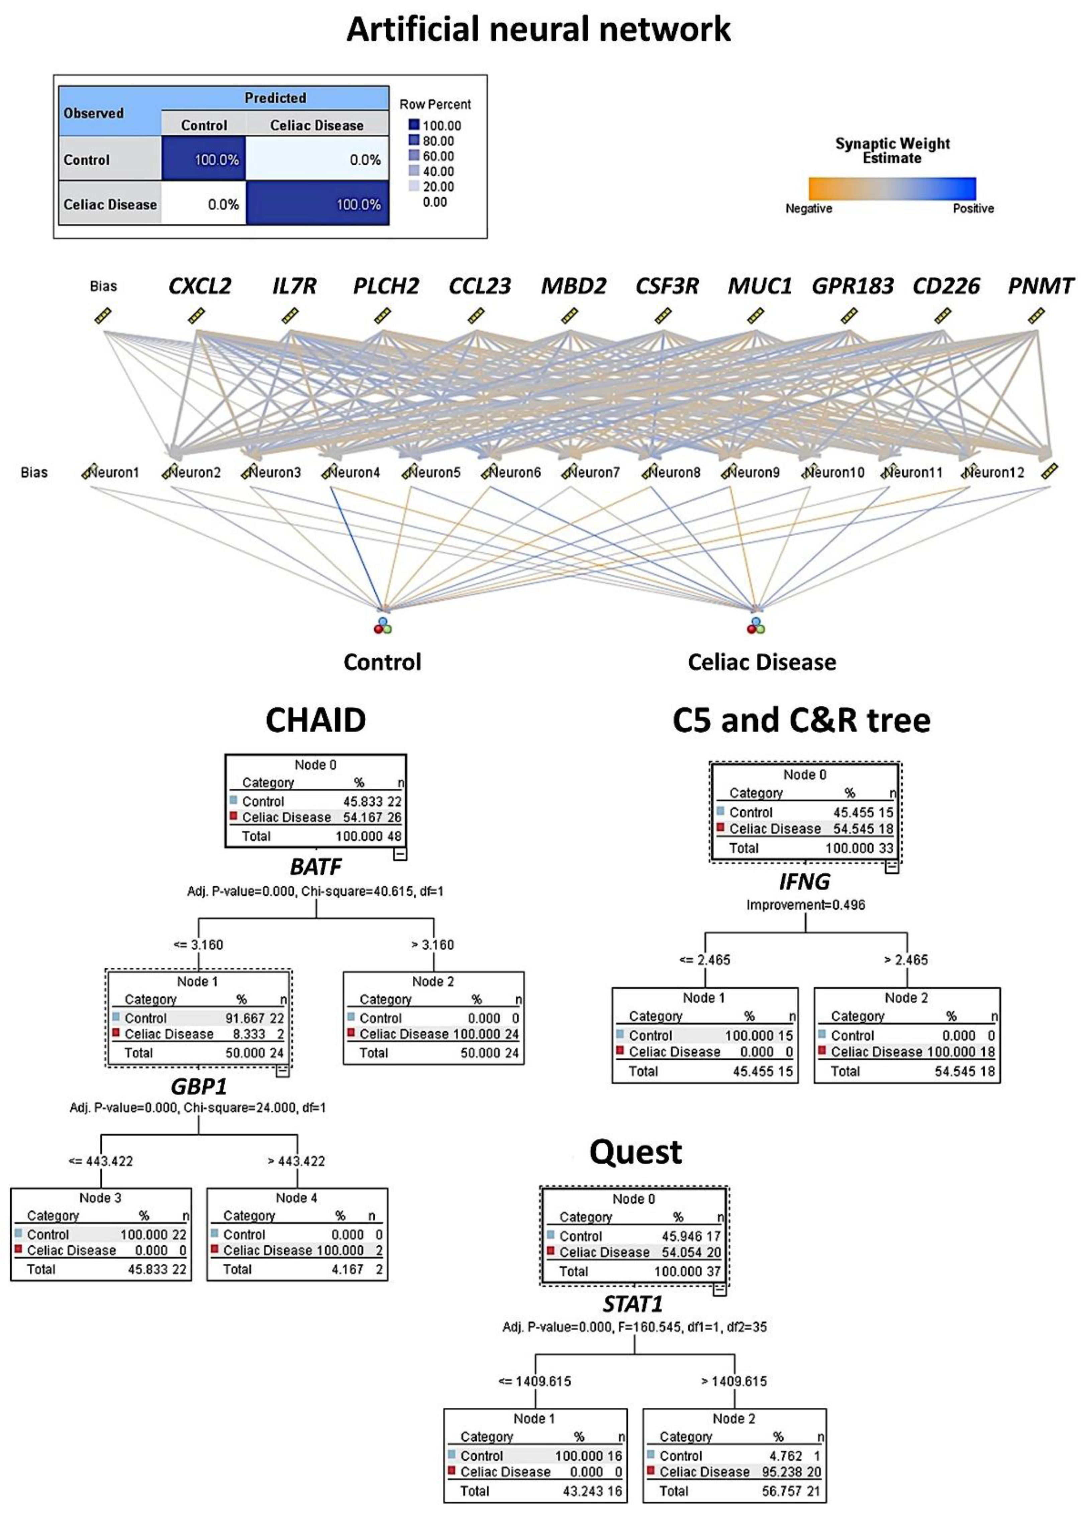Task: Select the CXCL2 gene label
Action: (x=200, y=286)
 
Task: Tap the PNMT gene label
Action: (x=1040, y=286)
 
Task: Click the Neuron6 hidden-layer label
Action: (x=514, y=472)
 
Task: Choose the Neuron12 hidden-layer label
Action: (x=995, y=472)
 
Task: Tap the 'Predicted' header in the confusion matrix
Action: (x=275, y=98)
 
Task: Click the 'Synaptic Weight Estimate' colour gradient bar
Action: (x=892, y=188)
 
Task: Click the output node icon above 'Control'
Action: (x=383, y=625)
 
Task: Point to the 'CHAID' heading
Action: (x=316, y=720)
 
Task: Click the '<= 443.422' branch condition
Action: (x=101, y=1161)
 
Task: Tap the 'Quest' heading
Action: (x=635, y=1151)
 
